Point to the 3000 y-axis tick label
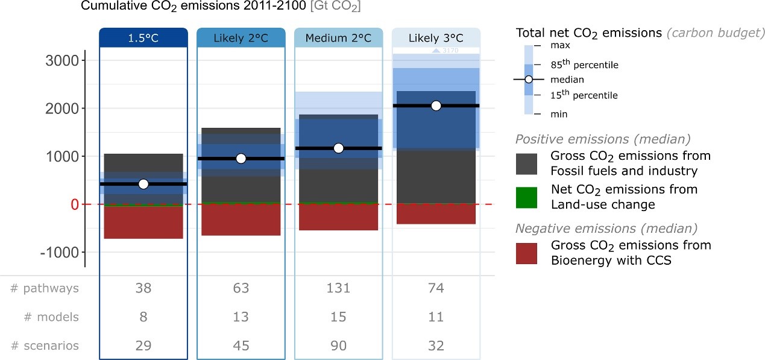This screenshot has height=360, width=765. pos(62,61)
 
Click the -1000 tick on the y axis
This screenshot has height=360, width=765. pos(59,252)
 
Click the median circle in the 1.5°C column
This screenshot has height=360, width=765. pos(143,184)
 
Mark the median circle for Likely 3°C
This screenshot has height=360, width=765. pos(436,106)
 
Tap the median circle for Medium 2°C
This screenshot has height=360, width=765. pos(338,148)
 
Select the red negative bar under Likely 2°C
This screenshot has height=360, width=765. pos(241,219)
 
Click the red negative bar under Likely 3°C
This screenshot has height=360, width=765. pos(436,214)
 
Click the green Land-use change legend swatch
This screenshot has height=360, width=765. pos(527,197)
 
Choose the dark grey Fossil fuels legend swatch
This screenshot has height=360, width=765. pos(527,164)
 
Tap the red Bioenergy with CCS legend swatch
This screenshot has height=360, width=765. pos(527,253)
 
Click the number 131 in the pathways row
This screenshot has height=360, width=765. pos(338,288)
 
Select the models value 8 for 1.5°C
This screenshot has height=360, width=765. pos(143,317)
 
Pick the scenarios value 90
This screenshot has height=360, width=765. pos(338,346)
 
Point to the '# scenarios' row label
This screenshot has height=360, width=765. pos(45,346)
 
